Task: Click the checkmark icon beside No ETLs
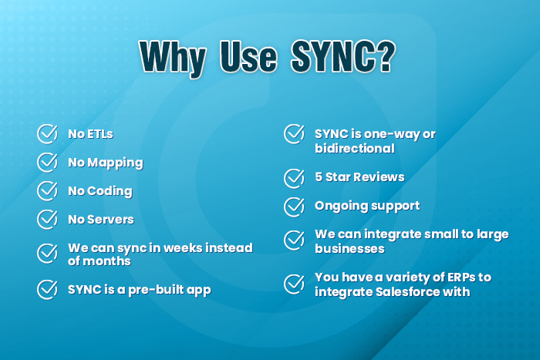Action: pyautogui.click(x=48, y=133)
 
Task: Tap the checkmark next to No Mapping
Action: pyautogui.click(x=48, y=162)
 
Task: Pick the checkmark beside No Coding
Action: pyautogui.click(x=48, y=190)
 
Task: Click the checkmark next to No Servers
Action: pyautogui.click(x=48, y=219)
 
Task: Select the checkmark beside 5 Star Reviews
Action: pyautogui.click(x=294, y=177)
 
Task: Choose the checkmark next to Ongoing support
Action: pyautogui.click(x=294, y=206)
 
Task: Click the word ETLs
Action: pyautogui.click(x=100, y=134)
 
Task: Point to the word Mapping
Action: pyautogui.click(x=115, y=163)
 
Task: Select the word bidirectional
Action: pyautogui.click(x=355, y=148)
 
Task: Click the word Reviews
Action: pyautogui.click(x=380, y=177)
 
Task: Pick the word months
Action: pyautogui.click(x=107, y=261)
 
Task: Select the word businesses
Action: pyautogui.click(x=349, y=248)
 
